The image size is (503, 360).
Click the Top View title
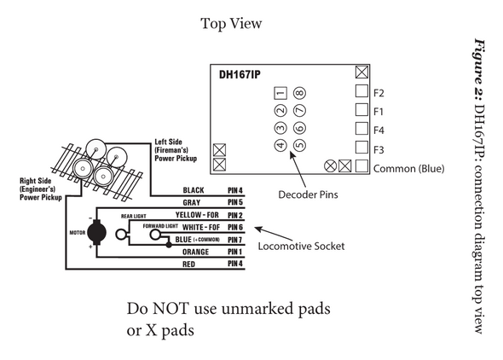[x=231, y=24]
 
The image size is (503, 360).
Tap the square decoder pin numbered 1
[x=280, y=93]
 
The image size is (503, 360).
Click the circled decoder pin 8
[x=299, y=93]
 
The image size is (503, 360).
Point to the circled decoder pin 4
[x=280, y=144]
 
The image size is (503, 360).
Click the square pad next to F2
[x=361, y=91]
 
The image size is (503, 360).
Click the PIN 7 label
[x=235, y=240]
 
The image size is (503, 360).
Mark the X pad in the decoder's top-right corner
[x=361, y=72]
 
